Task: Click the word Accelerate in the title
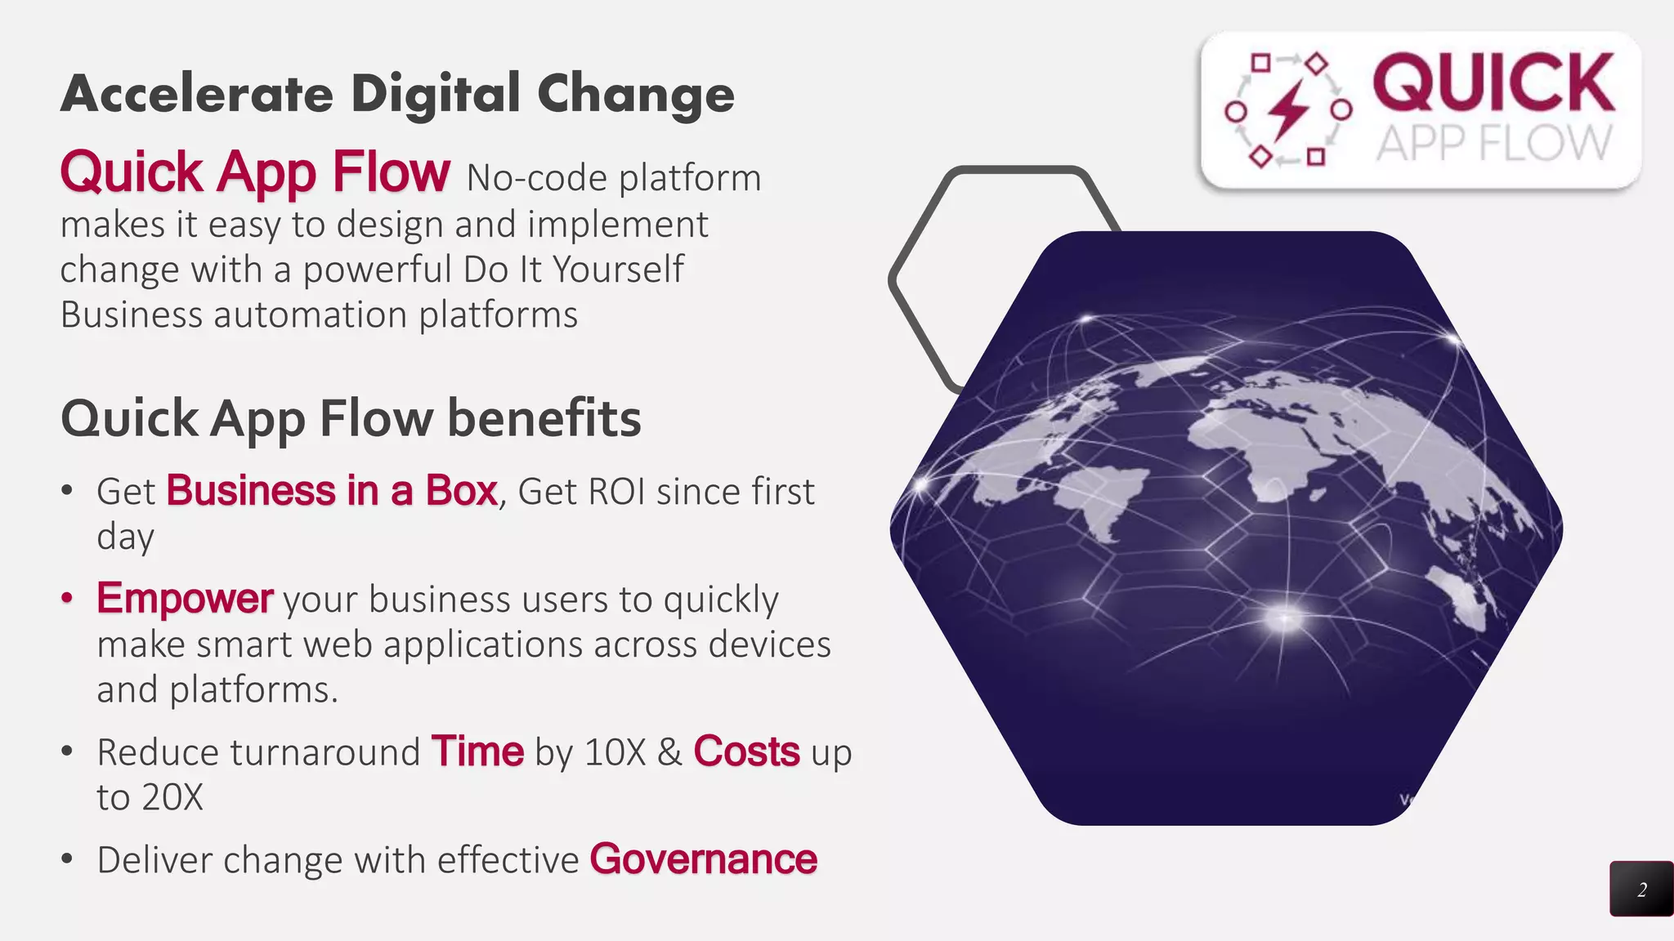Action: [196, 94]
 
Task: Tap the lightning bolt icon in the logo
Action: [1289, 109]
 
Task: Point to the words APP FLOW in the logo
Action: [1493, 143]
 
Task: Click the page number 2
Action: [1642, 890]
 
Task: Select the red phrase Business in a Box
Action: [332, 491]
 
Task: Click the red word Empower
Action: [185, 598]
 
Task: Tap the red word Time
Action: [477, 751]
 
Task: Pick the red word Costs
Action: [746, 751]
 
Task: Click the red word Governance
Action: [704, 859]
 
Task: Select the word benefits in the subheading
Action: [544, 418]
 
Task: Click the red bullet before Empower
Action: [67, 599]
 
